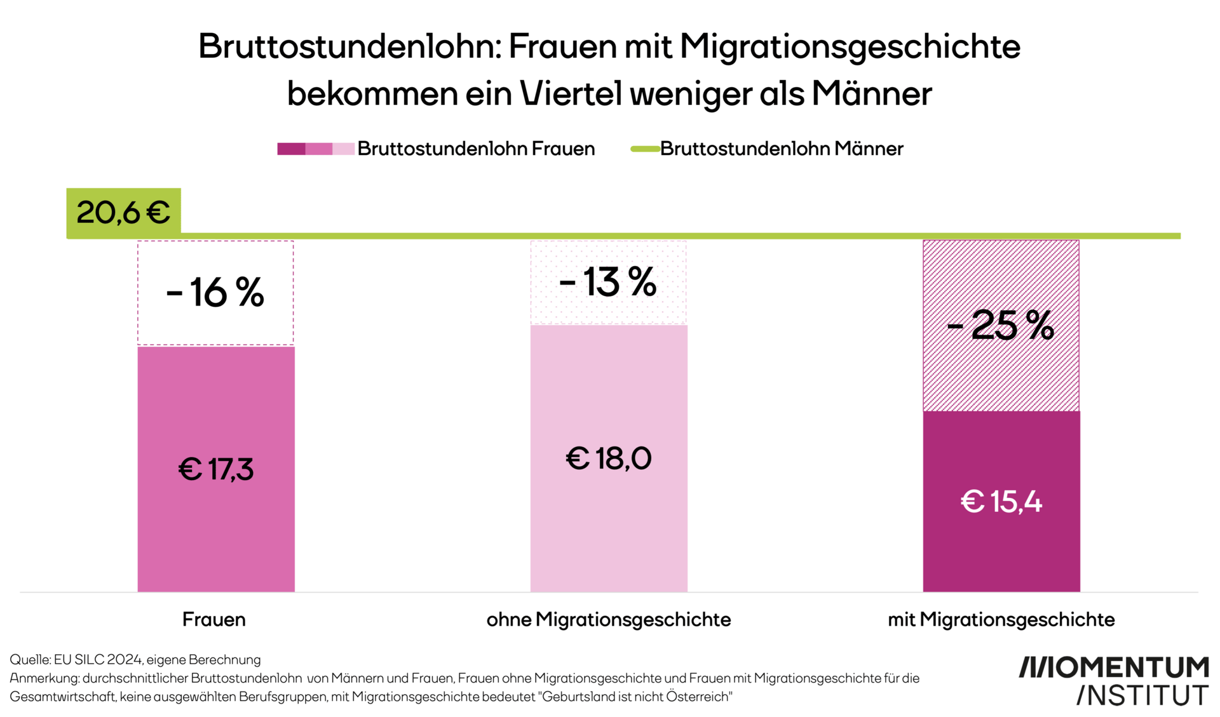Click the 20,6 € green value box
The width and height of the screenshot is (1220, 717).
[x=123, y=212]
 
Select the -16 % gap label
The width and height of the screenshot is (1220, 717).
[x=215, y=293]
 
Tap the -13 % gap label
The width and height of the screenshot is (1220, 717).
[x=607, y=282]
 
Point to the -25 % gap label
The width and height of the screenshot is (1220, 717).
[x=1000, y=325]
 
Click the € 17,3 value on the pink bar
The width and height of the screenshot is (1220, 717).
[x=215, y=469]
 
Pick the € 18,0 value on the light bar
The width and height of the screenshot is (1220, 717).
[x=608, y=458]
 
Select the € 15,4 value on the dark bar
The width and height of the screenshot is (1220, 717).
[x=1001, y=501]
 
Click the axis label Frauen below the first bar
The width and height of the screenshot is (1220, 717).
[x=213, y=619]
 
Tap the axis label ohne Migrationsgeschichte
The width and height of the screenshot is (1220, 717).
[x=608, y=619]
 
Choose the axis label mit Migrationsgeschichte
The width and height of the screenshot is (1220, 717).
[x=1001, y=619]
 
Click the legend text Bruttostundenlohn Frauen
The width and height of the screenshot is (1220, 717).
[x=475, y=149]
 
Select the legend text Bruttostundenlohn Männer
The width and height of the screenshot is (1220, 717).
[x=781, y=149]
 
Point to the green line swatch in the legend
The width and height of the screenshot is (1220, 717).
[x=644, y=149]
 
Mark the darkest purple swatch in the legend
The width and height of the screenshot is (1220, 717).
[x=290, y=149]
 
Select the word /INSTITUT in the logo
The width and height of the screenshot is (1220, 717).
[x=1142, y=695]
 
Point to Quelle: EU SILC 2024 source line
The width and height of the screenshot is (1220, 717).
[x=135, y=659]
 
